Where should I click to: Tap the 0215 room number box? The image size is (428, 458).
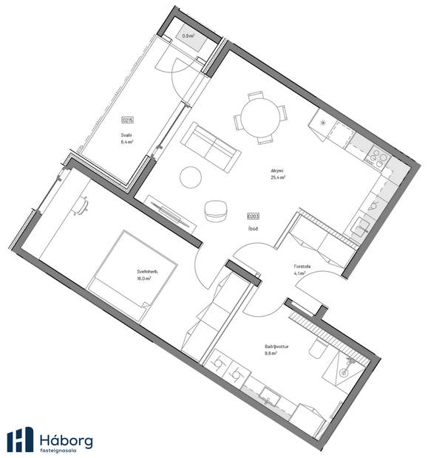tap(128, 120)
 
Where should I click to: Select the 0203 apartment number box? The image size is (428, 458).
tap(253, 216)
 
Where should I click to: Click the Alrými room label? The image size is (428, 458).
tap(278, 171)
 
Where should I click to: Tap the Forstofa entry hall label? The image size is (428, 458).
tap(301, 267)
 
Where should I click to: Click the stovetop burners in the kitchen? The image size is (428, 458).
tap(379, 157)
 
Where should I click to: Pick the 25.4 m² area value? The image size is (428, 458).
tap(278, 178)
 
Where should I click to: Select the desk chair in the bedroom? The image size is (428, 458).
tap(84, 208)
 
